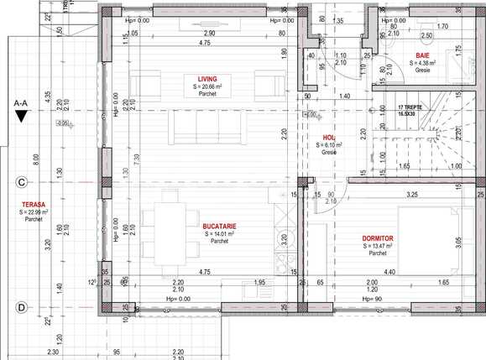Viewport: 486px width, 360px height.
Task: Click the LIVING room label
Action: (x=201, y=78)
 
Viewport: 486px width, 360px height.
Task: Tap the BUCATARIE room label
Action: (x=218, y=226)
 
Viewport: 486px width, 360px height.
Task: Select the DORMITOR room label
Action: (x=379, y=238)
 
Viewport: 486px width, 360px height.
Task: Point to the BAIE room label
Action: (x=422, y=55)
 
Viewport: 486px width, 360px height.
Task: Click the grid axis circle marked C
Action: (x=21, y=181)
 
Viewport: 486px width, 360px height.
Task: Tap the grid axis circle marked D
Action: (x=21, y=307)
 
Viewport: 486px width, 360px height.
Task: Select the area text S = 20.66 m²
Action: (x=201, y=86)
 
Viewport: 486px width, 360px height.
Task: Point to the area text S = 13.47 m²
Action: (x=379, y=246)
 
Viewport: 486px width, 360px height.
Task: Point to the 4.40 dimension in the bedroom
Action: (x=389, y=271)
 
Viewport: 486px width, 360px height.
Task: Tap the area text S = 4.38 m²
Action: (x=422, y=63)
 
